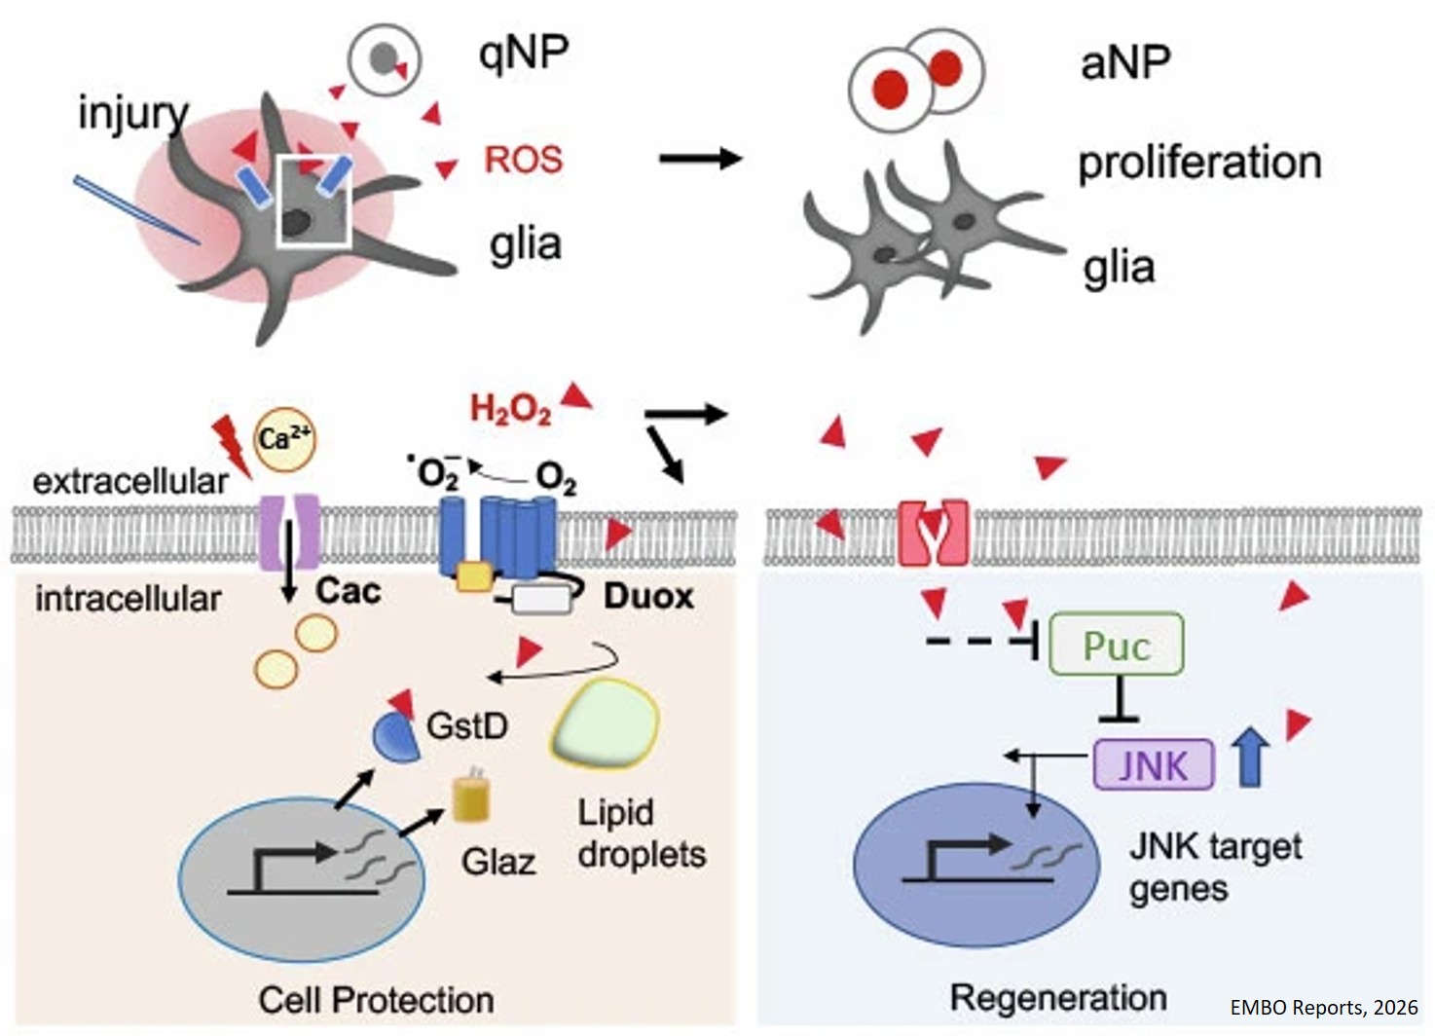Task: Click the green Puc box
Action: pyautogui.click(x=1116, y=645)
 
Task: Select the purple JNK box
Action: pyautogui.click(x=1154, y=764)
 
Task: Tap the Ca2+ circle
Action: pyautogui.click(x=284, y=439)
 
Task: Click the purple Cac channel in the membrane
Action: pyautogui.click(x=288, y=531)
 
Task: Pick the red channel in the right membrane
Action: pyautogui.click(x=932, y=533)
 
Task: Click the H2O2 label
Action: pyautogui.click(x=510, y=409)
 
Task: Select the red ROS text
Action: pyautogui.click(x=524, y=160)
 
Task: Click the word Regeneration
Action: pyautogui.click(x=1058, y=998)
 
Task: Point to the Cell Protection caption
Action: pyautogui.click(x=376, y=1000)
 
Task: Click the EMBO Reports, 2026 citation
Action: pyautogui.click(x=1323, y=1008)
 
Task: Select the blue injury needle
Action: pyautogui.click(x=136, y=210)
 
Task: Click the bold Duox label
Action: pyautogui.click(x=648, y=596)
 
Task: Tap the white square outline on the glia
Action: pyautogui.click(x=313, y=201)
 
